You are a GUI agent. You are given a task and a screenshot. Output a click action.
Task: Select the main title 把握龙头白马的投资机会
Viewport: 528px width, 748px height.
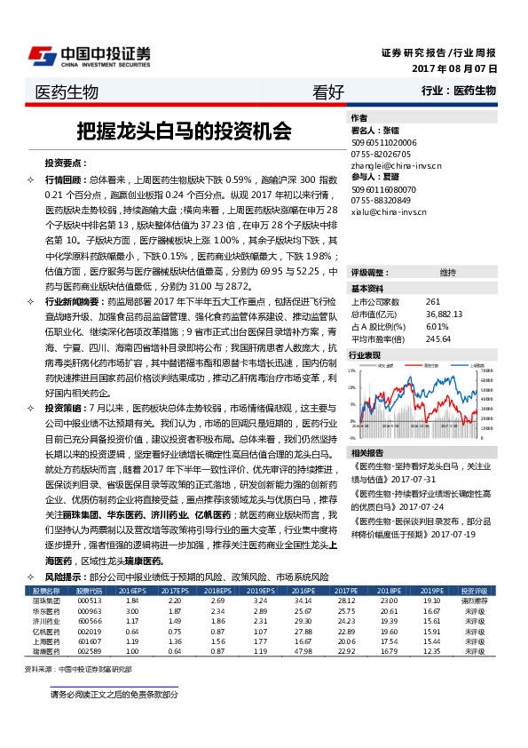pyautogui.click(x=184, y=131)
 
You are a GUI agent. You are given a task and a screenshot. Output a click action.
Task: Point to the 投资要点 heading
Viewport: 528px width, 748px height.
pyautogui.click(x=66, y=164)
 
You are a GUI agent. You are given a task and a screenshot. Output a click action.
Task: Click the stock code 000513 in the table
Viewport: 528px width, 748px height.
pyautogui.click(x=90, y=600)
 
